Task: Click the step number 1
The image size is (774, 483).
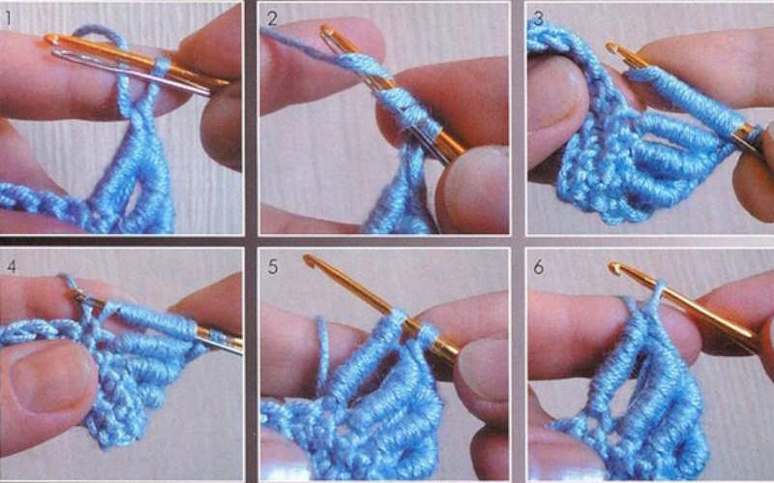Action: (x=8, y=19)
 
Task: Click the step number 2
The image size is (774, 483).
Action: (x=273, y=19)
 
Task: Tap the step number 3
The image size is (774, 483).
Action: (x=538, y=19)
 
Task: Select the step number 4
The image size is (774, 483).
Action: (x=11, y=267)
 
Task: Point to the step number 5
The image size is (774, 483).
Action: (x=273, y=267)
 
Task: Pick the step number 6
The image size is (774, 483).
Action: (x=539, y=267)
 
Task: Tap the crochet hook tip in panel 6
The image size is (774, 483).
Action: (x=614, y=268)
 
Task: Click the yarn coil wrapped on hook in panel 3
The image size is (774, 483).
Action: (x=685, y=101)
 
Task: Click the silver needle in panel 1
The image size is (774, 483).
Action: (x=131, y=72)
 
